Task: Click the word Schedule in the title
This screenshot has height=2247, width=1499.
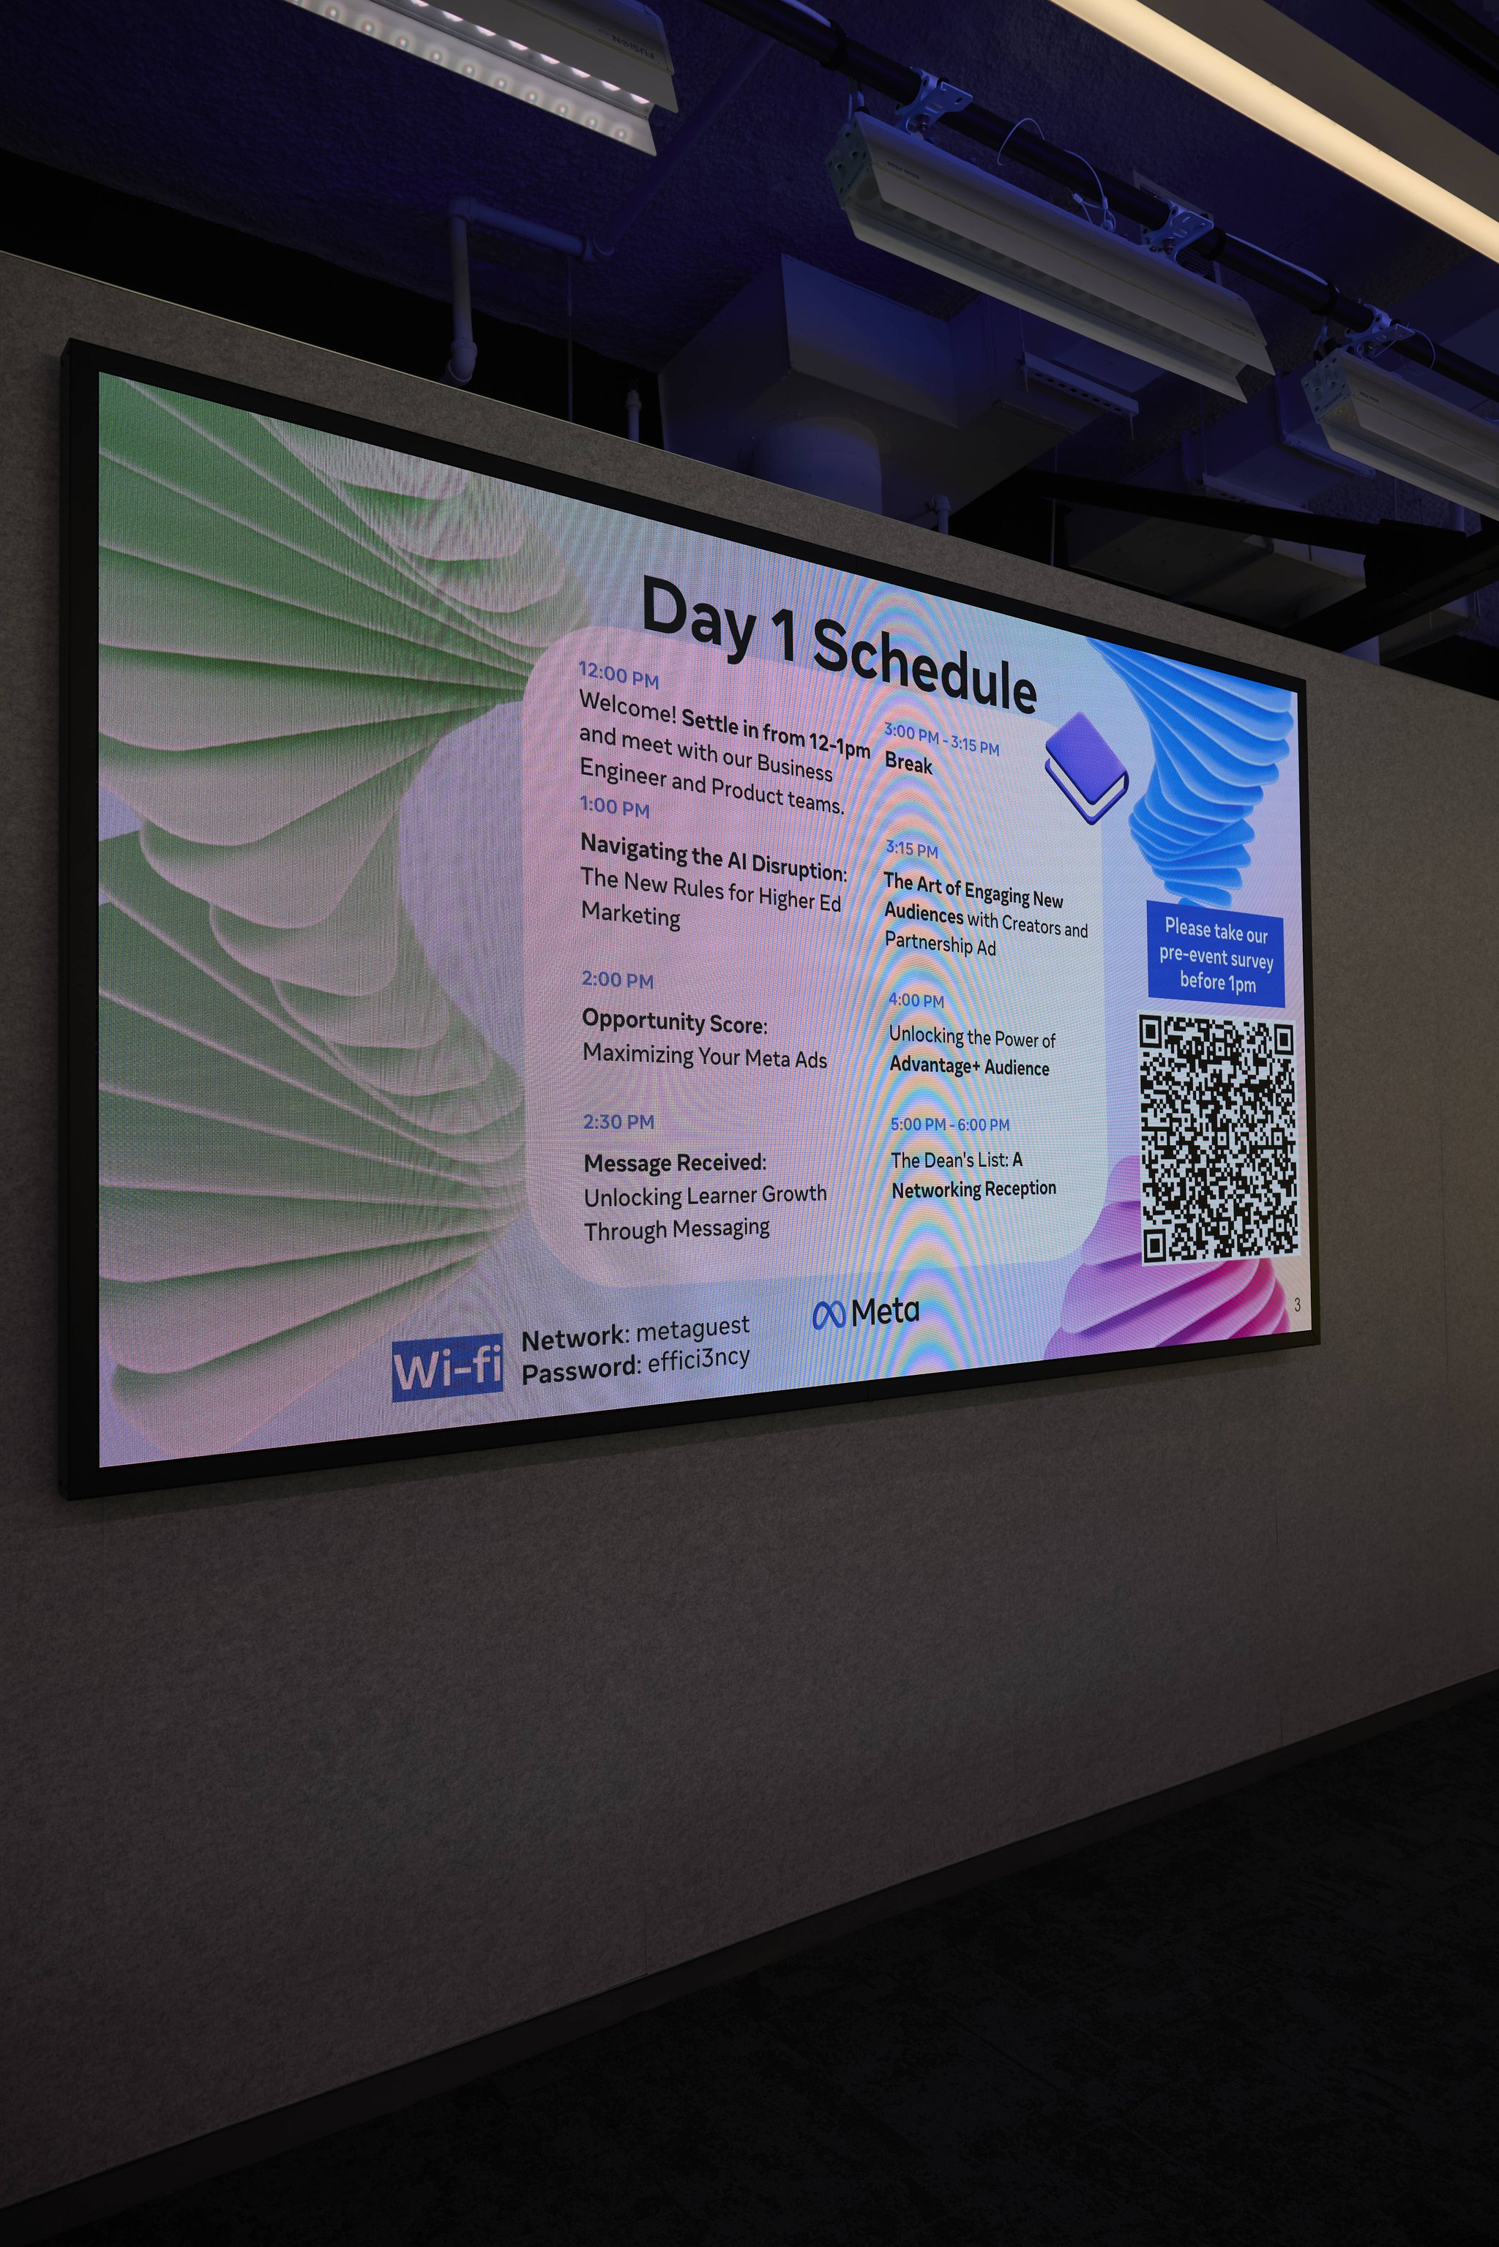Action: pos(924,665)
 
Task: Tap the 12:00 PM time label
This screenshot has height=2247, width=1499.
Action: pos(618,674)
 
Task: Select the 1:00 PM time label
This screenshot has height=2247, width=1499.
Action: pos(615,806)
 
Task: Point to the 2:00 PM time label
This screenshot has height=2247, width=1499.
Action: pos(618,979)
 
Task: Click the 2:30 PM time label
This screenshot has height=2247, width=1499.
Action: pos(618,1121)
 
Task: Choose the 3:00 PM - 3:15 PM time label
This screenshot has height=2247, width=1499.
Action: pos(942,740)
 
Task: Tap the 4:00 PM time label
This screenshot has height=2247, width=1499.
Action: pos(916,999)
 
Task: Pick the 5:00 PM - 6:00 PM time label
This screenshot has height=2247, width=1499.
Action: pos(949,1124)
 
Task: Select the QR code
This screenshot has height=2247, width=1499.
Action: pos(1219,1139)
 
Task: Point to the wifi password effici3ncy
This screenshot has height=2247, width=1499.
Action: pos(699,1358)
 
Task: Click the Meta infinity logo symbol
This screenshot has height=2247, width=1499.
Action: pos(828,1315)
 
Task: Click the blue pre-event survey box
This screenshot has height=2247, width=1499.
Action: pos(1216,954)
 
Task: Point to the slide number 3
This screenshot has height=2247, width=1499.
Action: pos(1296,1305)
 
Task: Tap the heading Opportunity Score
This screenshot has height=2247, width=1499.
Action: pos(674,1021)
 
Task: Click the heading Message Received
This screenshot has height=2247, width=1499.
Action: pos(675,1162)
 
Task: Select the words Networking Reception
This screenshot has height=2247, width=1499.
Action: pos(973,1189)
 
